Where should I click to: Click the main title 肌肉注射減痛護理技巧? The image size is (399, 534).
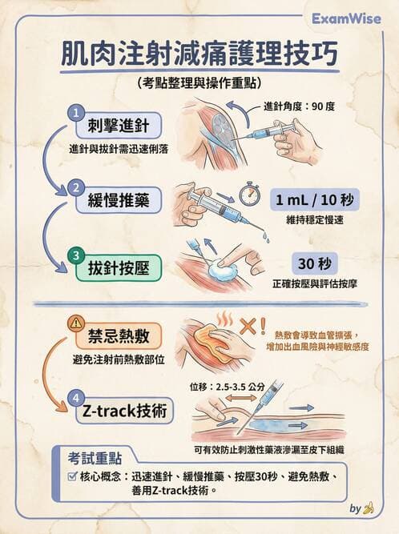(199, 56)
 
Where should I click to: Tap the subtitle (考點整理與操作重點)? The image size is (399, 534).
(199, 82)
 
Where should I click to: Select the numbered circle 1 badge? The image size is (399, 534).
(75, 112)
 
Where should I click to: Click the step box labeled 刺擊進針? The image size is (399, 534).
(119, 126)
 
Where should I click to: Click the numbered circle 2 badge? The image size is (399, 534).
(75, 187)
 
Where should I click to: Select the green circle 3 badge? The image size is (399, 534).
(75, 256)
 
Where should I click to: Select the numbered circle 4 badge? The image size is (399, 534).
(75, 398)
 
